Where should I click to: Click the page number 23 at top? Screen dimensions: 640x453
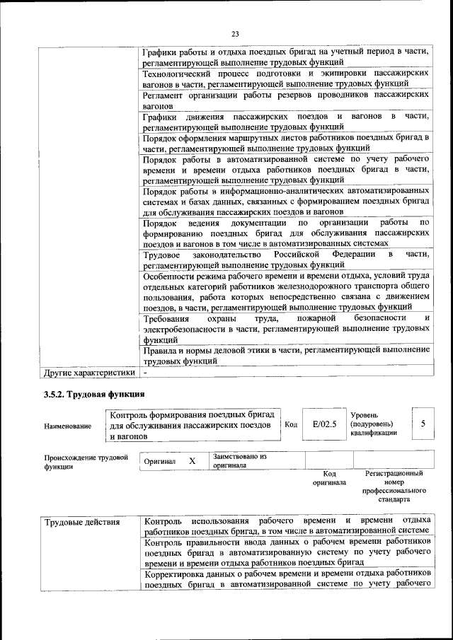click(236, 33)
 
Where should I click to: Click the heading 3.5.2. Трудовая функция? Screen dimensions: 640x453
click(93, 393)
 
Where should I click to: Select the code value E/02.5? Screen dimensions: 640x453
click(324, 424)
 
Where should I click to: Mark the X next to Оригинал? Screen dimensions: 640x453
click(192, 461)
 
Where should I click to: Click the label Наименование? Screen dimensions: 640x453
click(68, 426)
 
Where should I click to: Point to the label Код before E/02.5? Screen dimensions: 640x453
click(291, 424)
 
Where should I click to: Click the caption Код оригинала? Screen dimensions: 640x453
click(329, 479)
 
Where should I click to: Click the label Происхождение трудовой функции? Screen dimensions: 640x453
click(86, 462)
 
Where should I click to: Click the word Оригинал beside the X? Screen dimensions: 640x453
click(159, 461)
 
